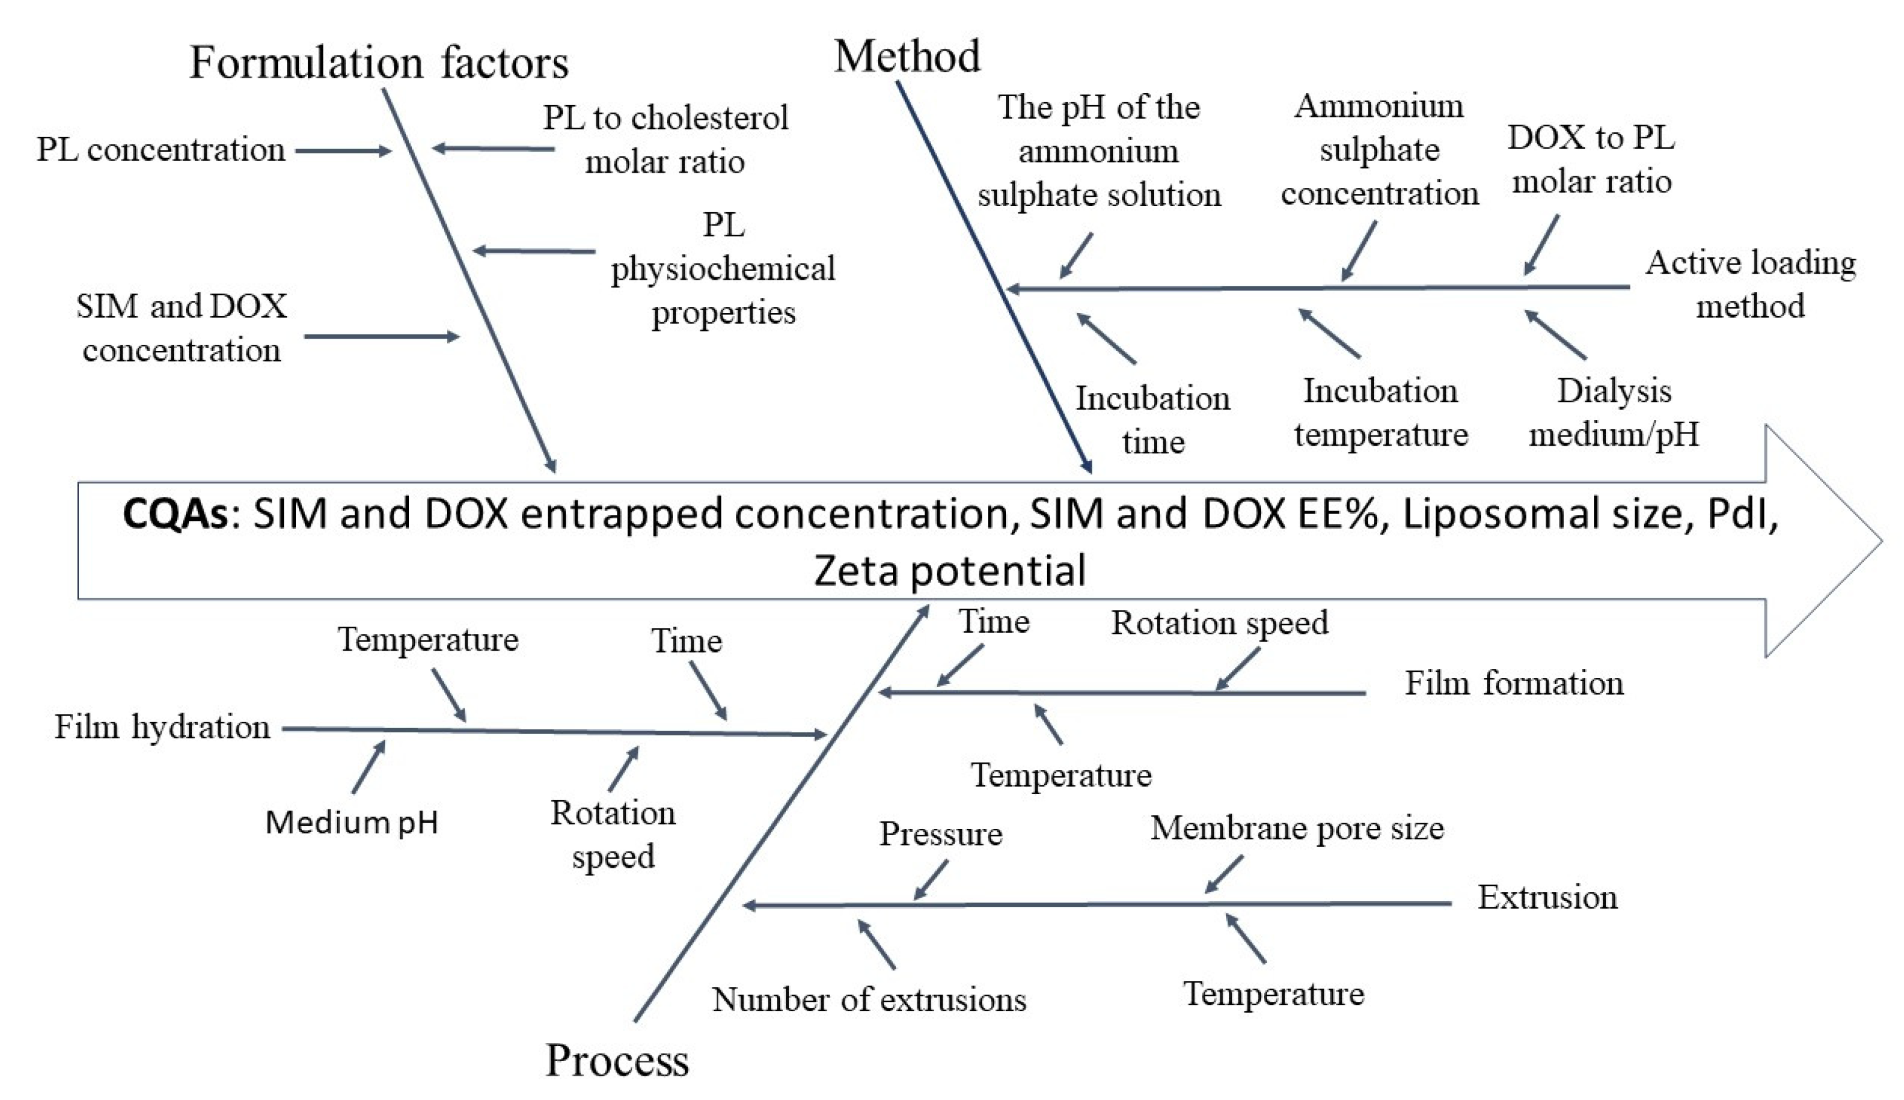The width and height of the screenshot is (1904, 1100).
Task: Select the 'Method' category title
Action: click(906, 56)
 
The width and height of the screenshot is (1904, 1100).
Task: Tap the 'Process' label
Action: click(616, 1060)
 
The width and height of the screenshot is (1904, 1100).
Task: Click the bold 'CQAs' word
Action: click(174, 514)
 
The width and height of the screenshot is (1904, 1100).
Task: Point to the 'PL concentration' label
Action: click(161, 150)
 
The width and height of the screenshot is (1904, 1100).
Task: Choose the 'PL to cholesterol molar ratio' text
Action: click(664, 140)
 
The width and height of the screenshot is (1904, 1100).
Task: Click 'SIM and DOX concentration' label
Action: click(181, 328)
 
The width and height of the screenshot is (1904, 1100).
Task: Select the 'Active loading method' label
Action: click(1750, 284)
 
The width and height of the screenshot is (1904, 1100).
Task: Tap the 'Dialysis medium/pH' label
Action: click(1613, 412)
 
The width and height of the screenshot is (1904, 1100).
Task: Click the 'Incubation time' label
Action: click(1153, 420)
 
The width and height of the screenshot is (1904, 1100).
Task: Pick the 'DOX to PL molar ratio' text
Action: click(1592, 159)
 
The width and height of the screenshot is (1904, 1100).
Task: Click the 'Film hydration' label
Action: click(162, 727)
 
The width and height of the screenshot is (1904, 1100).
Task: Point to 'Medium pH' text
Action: click(351, 822)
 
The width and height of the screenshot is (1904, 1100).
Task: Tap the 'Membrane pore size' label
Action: click(1297, 828)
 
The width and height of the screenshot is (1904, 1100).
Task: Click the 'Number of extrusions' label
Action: click(869, 1000)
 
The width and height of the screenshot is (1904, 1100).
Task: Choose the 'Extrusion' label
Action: click(1547, 898)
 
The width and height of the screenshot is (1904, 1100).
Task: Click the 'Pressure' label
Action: click(940, 834)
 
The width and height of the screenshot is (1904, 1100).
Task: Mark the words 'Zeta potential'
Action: click(950, 570)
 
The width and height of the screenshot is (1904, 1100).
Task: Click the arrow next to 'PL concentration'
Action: click(342, 151)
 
